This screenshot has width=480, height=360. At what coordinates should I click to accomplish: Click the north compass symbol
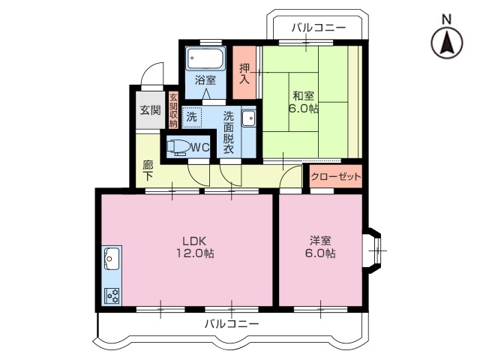[446, 41]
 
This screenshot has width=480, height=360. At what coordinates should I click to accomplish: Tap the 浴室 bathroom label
[205, 79]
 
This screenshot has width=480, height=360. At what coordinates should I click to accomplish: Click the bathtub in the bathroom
[205, 58]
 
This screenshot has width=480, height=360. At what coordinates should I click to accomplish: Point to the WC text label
[199, 148]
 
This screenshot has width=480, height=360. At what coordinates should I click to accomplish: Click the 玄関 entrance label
[150, 110]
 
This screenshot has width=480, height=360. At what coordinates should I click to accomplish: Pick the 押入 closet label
[244, 73]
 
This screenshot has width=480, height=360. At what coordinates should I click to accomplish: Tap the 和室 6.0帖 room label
[304, 102]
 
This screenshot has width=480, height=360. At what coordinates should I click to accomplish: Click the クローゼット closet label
[335, 178]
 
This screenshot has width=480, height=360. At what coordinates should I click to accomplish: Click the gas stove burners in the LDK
[112, 295]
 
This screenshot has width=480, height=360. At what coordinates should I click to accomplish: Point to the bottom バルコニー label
[232, 324]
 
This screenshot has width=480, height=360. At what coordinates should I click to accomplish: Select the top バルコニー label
[319, 28]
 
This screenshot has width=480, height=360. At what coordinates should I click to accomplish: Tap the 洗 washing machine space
[193, 117]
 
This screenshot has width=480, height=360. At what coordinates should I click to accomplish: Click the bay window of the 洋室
[375, 247]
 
